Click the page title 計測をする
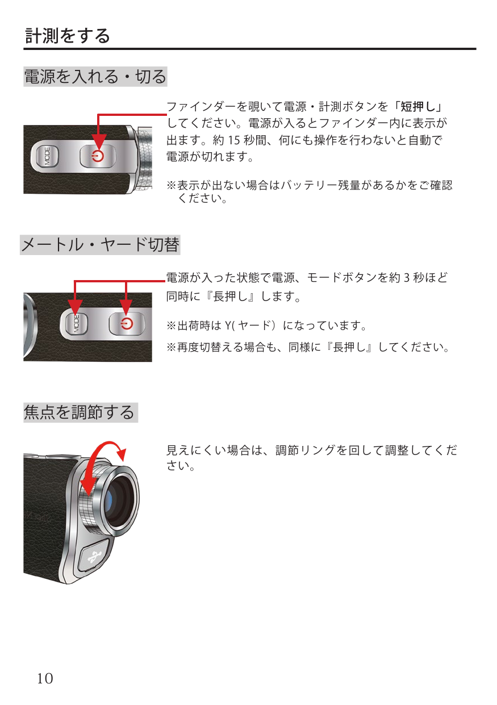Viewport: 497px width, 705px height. pos(68,35)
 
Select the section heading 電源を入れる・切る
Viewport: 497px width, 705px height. pos(95,77)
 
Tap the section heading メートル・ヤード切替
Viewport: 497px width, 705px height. pos(100,244)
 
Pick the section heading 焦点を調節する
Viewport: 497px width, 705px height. pos(79,412)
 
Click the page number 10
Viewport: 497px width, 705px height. pos(45,678)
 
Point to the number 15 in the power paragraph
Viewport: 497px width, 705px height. pos(233,140)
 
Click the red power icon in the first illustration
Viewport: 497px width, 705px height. pos(98,156)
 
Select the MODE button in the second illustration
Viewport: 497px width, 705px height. pos(75,323)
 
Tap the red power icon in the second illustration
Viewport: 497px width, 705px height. pos(127,324)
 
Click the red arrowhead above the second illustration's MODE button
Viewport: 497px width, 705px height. pos(75,307)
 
